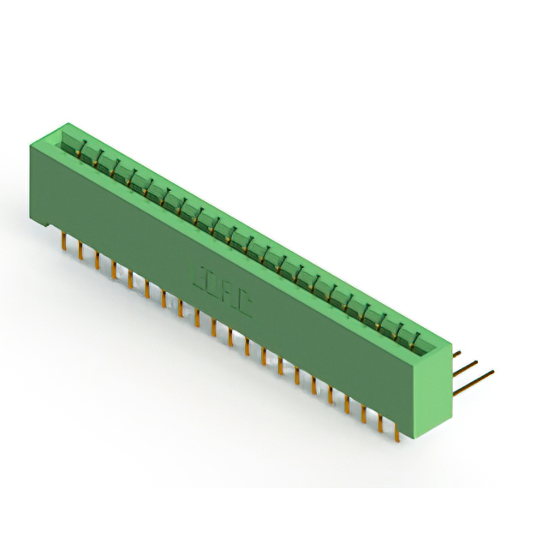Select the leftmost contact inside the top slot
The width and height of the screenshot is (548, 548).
(82, 151)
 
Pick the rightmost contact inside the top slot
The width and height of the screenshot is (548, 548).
(417, 340)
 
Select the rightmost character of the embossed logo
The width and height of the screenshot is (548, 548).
(244, 303)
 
